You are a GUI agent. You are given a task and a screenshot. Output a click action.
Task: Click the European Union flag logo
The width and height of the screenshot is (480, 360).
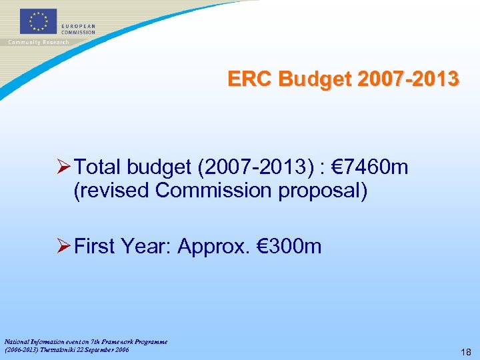pyautogui.click(x=39, y=21)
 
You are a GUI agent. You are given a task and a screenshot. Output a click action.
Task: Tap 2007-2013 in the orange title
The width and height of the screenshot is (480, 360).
pyautogui.click(x=408, y=79)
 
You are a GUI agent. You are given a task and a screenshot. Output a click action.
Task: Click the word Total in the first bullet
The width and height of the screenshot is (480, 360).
pyautogui.click(x=99, y=167)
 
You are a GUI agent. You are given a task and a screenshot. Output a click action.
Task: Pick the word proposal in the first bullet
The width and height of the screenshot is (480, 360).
pyautogui.click(x=328, y=190)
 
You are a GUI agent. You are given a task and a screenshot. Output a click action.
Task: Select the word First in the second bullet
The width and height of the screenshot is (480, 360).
pyautogui.click(x=96, y=247)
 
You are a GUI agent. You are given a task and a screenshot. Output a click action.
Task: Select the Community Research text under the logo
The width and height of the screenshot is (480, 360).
pyautogui.click(x=38, y=42)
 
